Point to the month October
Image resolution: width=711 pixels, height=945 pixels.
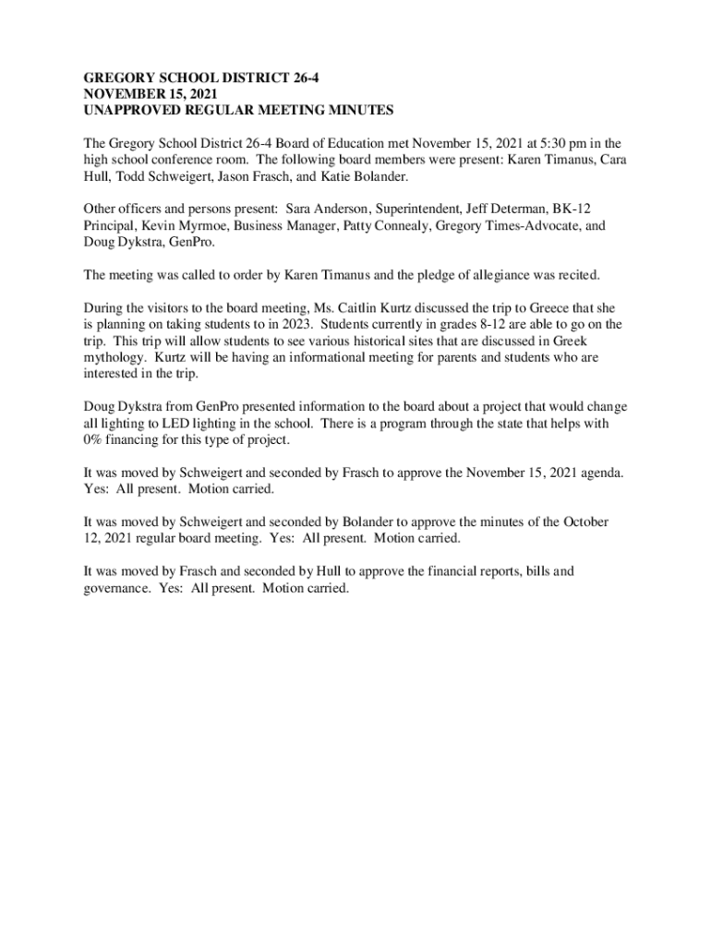click(584, 521)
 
